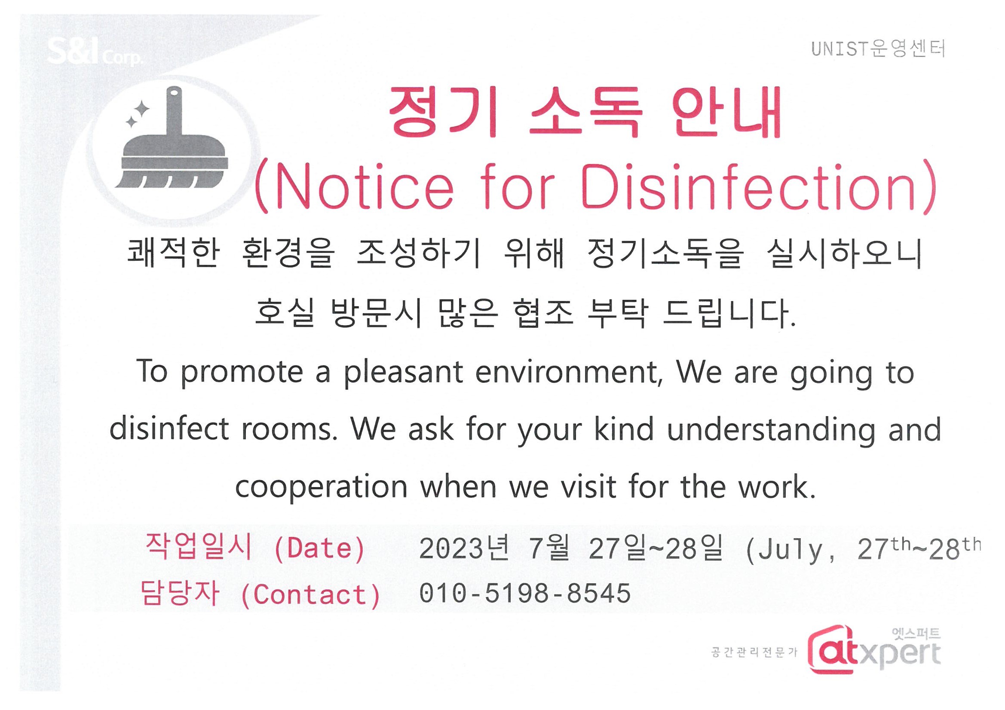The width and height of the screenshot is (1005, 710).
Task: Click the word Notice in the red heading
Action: [365, 188]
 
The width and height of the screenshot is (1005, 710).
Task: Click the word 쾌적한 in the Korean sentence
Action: [173, 253]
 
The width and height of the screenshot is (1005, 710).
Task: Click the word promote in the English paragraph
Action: [242, 373]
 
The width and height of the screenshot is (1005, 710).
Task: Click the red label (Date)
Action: [319, 548]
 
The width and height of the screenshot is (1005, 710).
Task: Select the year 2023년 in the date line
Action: [464, 548]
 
